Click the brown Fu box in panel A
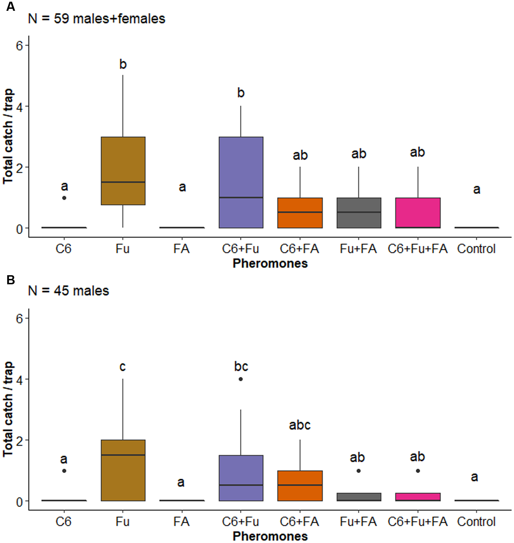[123, 171]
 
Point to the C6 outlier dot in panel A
[64, 198]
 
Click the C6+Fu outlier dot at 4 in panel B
[241, 379]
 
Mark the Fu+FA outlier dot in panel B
[359, 471]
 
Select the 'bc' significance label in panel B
[241, 366]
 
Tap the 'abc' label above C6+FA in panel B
[300, 425]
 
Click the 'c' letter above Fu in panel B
[123, 367]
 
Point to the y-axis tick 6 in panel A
[19, 45]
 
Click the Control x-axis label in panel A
[476, 249]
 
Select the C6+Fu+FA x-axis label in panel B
[417, 522]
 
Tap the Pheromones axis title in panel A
[270, 264]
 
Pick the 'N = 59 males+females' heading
[97, 19]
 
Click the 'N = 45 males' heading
[69, 291]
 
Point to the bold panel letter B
[11, 280]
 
